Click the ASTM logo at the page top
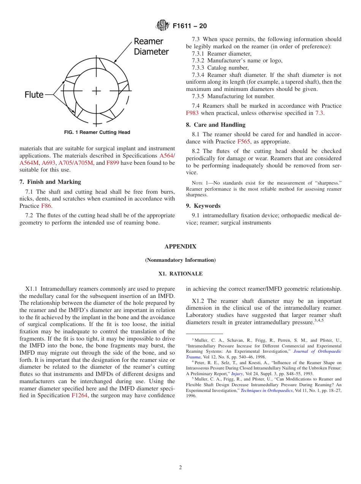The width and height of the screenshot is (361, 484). [162, 25]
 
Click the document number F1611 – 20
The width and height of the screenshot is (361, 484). [190, 26]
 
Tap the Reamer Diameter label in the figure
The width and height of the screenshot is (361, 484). [151, 46]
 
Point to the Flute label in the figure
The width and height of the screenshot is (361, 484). [34, 94]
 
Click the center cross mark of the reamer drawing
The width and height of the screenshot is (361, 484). [96, 91]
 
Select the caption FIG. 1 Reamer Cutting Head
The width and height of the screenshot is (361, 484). [97, 132]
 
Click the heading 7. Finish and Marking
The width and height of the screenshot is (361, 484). [50, 182]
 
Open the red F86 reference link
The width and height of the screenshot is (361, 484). [46, 206]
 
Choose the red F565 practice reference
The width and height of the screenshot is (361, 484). [244, 142]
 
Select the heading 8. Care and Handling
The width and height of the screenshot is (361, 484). [215, 125]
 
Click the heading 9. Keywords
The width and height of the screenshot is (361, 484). [203, 206]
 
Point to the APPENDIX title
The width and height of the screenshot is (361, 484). [180, 247]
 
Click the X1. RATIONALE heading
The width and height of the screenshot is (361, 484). [180, 274]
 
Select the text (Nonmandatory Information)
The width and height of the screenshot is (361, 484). [180, 260]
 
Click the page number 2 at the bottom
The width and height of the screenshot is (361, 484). [180, 468]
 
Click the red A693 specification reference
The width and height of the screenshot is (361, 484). [48, 163]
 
